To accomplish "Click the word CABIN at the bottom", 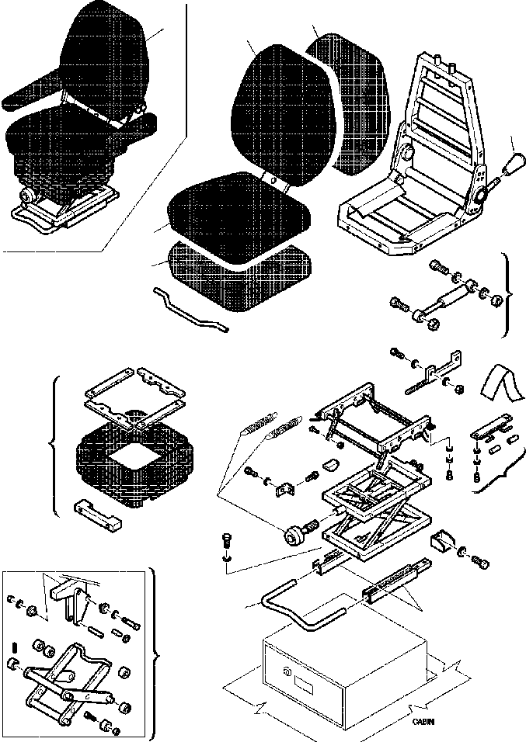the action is click(x=423, y=722).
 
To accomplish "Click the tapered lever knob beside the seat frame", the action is click(x=514, y=163).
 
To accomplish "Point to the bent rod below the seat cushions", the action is click(x=190, y=308).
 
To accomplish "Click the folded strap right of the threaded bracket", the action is click(x=501, y=385).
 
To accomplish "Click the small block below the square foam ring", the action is click(x=97, y=514).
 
